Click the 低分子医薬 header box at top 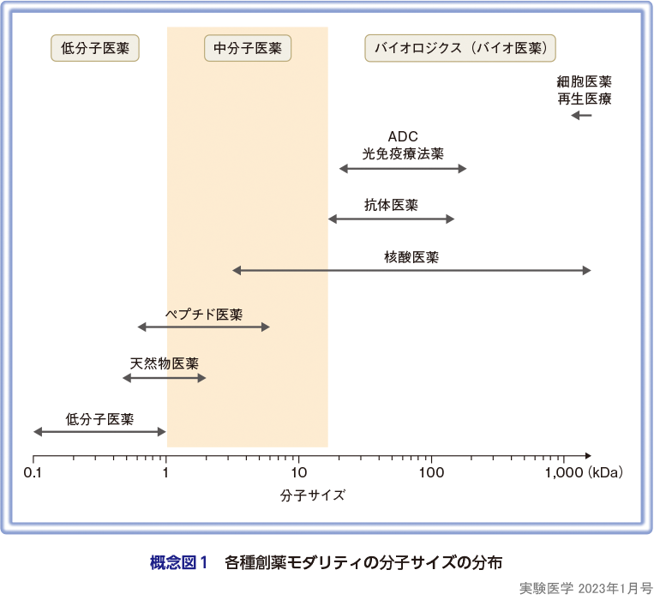(x=96, y=48)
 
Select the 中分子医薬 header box (x=248, y=48)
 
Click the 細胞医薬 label (x=584, y=82)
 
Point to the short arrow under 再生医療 (x=582, y=115)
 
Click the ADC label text (x=403, y=137)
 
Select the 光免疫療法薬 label (x=403, y=153)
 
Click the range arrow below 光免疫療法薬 (x=403, y=169)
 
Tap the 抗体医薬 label (x=391, y=206)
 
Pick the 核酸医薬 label (x=411, y=256)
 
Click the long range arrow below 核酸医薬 (x=411, y=271)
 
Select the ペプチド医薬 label (x=203, y=313)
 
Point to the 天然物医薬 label (x=165, y=363)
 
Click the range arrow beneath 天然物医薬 (x=165, y=378)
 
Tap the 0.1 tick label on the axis (x=33, y=473)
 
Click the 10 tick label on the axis (x=298, y=473)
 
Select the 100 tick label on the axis (x=430, y=473)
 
